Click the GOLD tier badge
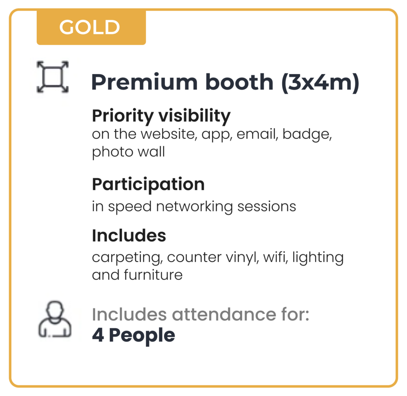coord(91,27)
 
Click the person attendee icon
coord(55,319)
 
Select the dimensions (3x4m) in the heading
coord(320,82)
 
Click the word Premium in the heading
coord(144,82)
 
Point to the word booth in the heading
coord(239,82)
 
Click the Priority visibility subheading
coord(161,116)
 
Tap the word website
coord(169,134)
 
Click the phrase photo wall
coord(128,152)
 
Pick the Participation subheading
coord(148,185)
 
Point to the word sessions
coord(267,207)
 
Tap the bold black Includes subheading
coord(129,235)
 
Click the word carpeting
coord(127,258)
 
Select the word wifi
coord(275,257)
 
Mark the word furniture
coord(153,275)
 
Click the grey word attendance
coord(224,314)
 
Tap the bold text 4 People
coord(134,336)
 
